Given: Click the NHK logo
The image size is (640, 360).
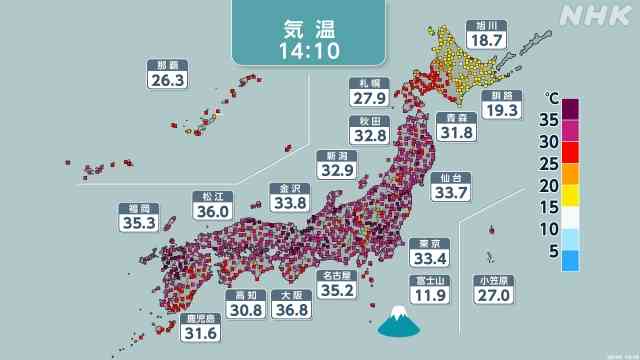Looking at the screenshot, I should (596, 15).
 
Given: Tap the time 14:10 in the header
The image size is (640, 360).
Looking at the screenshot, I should (307, 48).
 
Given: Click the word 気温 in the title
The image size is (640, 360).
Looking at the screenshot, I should (307, 22).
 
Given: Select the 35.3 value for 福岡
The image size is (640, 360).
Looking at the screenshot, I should (136, 223).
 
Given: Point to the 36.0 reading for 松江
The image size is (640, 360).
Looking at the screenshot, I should (211, 211).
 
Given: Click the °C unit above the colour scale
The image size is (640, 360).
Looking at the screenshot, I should (551, 97).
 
